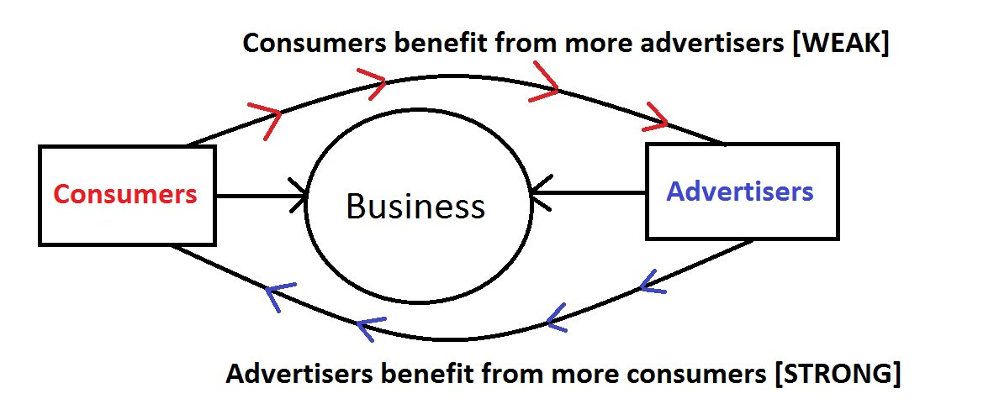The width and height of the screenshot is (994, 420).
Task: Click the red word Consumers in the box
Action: [x=125, y=195]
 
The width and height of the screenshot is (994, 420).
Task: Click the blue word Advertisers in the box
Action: [x=740, y=192]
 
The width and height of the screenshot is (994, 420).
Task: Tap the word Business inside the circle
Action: [x=415, y=206]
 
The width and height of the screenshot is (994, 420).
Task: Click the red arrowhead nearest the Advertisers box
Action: [x=656, y=118]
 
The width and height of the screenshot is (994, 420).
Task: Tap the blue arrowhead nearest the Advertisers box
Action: [x=651, y=281]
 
